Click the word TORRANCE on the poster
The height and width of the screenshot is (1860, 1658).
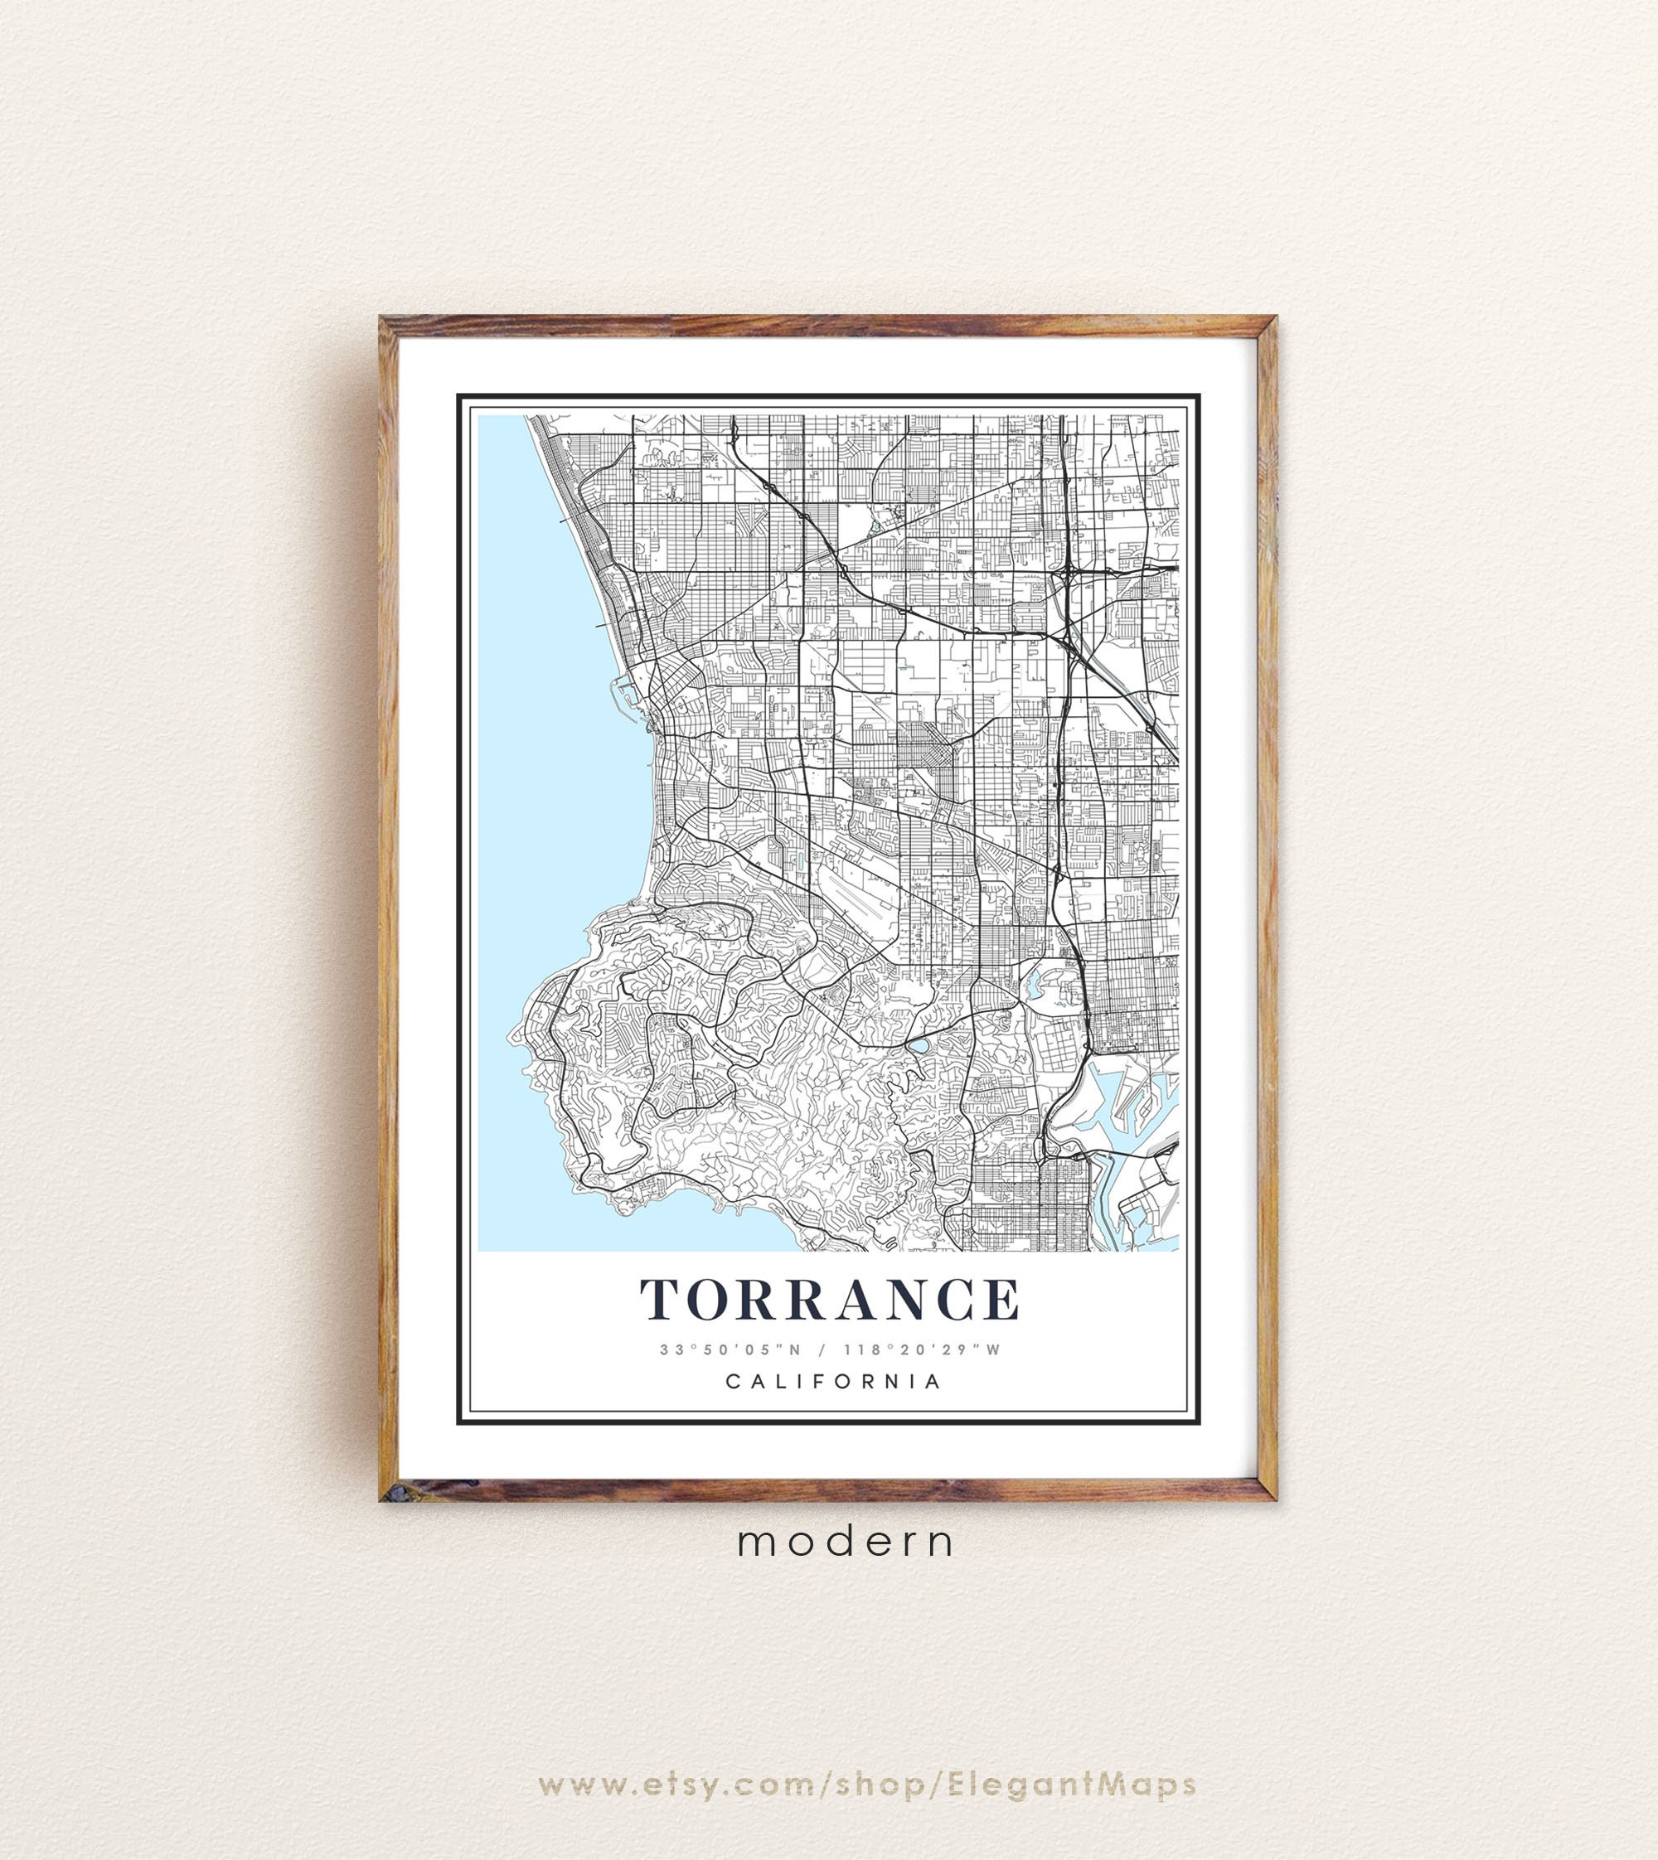point(830,1300)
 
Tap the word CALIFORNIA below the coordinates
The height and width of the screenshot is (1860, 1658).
point(833,1382)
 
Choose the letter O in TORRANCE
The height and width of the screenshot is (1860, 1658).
point(716,1300)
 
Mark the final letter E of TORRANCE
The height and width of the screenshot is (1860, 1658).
point(1001,1300)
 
